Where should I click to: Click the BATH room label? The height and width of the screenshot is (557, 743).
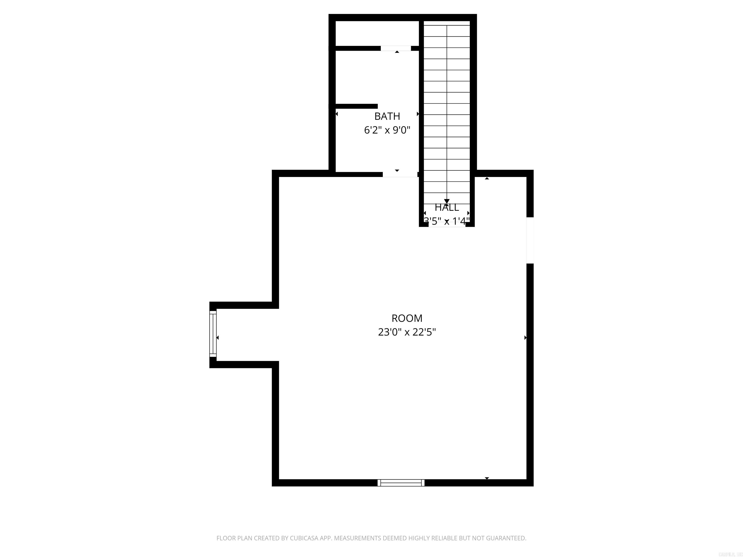pyautogui.click(x=387, y=116)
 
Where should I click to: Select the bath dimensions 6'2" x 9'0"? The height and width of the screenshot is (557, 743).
pyautogui.click(x=387, y=130)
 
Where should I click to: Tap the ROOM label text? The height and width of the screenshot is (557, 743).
pyautogui.click(x=407, y=318)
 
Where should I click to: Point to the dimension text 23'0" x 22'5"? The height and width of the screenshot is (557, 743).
pyautogui.click(x=407, y=332)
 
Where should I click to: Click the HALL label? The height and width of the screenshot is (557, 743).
pyautogui.click(x=447, y=207)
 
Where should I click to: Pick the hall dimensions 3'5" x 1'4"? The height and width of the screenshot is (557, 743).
pyautogui.click(x=447, y=221)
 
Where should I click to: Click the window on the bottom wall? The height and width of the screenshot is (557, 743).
pyautogui.click(x=401, y=483)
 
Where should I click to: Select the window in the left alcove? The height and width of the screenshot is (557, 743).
pyautogui.click(x=213, y=334)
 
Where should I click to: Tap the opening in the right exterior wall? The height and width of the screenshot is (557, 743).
pyautogui.click(x=530, y=240)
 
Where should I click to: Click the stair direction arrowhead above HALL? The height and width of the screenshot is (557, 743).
pyautogui.click(x=447, y=201)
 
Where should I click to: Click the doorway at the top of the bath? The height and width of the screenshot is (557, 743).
pyautogui.click(x=396, y=48)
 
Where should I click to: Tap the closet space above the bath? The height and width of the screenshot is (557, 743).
pyautogui.click(x=377, y=33)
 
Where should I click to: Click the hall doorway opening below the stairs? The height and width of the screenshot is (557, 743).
pyautogui.click(x=447, y=225)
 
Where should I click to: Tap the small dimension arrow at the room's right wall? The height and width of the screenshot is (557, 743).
pyautogui.click(x=525, y=337)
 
